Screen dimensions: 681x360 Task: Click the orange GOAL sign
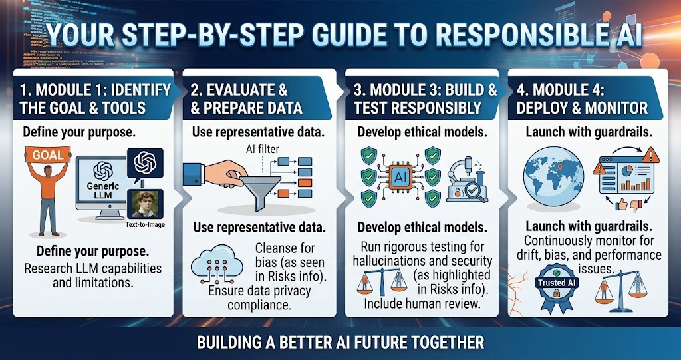point(48,155)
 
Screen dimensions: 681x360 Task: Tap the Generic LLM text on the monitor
point(100,190)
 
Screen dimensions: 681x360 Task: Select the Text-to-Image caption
point(145,225)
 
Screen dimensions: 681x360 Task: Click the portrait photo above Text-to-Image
point(145,204)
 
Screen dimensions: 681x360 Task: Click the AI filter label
point(263,150)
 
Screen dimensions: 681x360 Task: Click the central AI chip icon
point(400,177)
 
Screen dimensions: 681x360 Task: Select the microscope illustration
point(467,178)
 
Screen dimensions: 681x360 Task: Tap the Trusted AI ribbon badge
point(558,286)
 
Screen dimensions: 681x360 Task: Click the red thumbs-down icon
point(636,204)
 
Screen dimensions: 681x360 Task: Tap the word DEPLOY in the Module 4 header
point(545,108)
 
